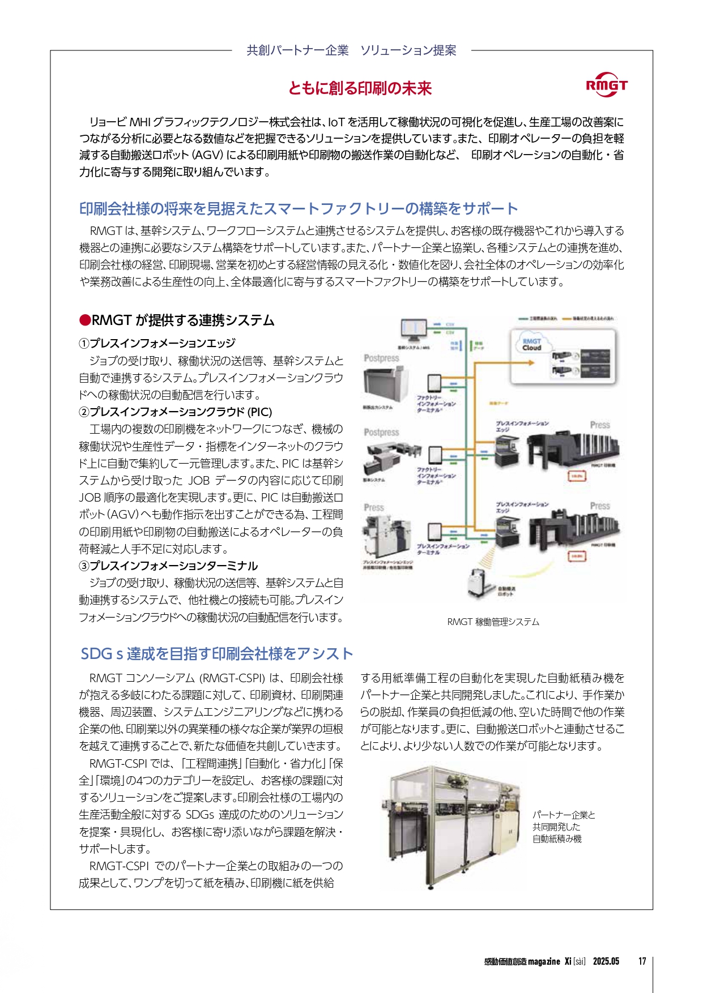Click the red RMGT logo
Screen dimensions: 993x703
click(606, 85)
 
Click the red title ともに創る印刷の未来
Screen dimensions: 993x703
click(360, 88)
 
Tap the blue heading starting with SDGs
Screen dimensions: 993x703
click(216, 654)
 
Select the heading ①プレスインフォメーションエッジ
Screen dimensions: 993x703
click(157, 343)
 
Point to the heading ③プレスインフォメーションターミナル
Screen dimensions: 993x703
click(168, 566)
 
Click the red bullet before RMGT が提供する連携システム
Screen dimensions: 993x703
click(84, 320)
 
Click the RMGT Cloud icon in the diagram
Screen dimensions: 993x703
click(531, 344)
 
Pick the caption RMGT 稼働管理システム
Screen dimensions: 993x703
click(493, 622)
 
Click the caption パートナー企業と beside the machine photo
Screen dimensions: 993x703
click(564, 815)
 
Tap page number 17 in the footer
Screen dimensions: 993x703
click(642, 961)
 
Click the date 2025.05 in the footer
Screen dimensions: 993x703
click(606, 961)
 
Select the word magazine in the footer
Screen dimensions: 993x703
click(544, 961)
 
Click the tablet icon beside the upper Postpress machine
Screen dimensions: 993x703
click(434, 383)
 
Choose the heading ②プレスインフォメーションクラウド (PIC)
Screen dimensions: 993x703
click(176, 412)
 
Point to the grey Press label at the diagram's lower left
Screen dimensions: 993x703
click(374, 507)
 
